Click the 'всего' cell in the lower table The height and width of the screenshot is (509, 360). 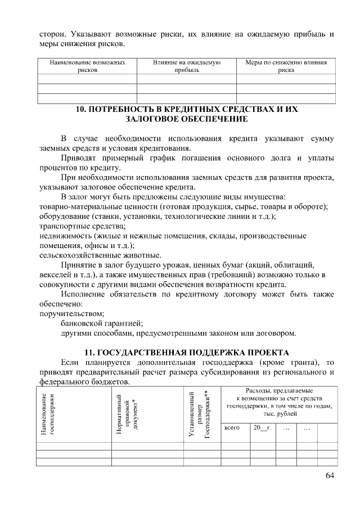[x=232, y=428]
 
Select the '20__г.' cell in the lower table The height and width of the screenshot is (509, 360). [x=262, y=428]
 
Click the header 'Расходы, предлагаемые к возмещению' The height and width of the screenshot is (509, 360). [x=279, y=402]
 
